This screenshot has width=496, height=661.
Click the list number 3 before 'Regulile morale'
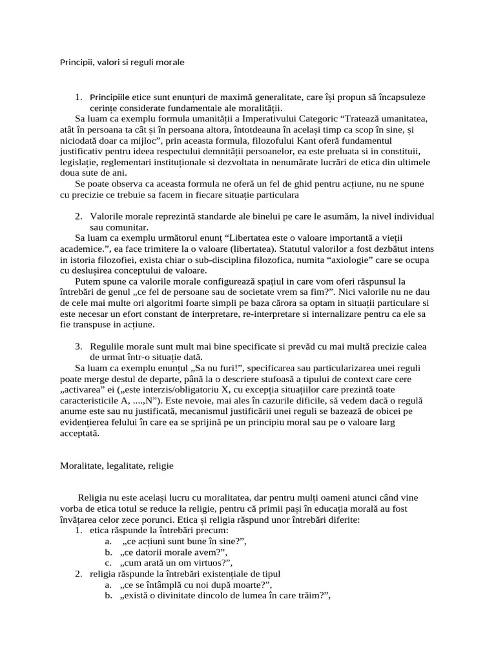tap(77, 346)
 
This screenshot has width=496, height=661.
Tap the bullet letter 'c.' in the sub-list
tap(108, 563)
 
